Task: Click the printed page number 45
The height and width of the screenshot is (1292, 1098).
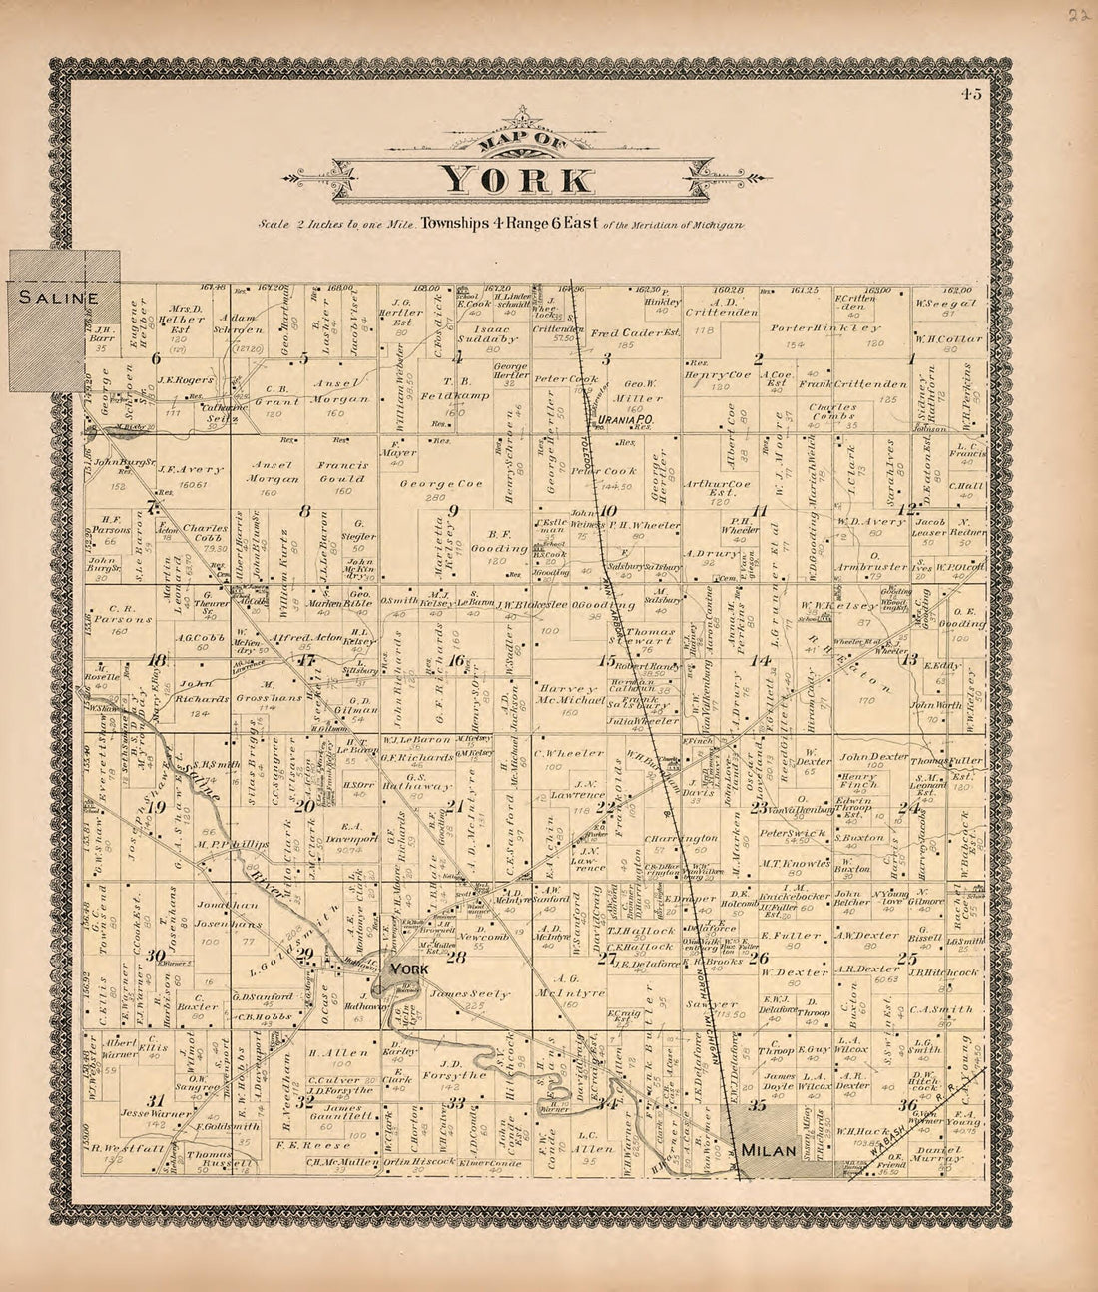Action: coord(971,95)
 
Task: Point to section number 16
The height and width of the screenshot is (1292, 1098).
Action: coord(456,660)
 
